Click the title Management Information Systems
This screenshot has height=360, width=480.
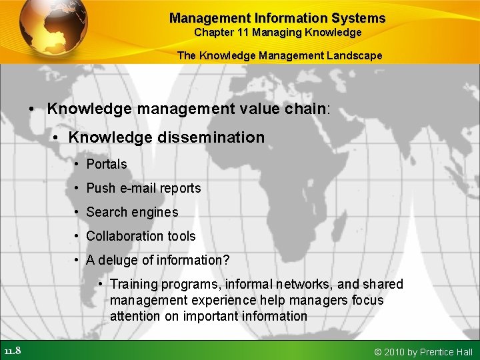pos(277,18)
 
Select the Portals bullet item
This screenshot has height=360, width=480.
pos(106,164)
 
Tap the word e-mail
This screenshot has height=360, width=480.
pos(137,188)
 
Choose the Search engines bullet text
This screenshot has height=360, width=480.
pos(132,212)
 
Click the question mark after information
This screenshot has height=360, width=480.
pos(226,260)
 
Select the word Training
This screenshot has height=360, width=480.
pos(134,285)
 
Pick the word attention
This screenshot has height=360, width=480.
pos(135,317)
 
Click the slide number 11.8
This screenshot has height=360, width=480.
pos(12,351)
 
